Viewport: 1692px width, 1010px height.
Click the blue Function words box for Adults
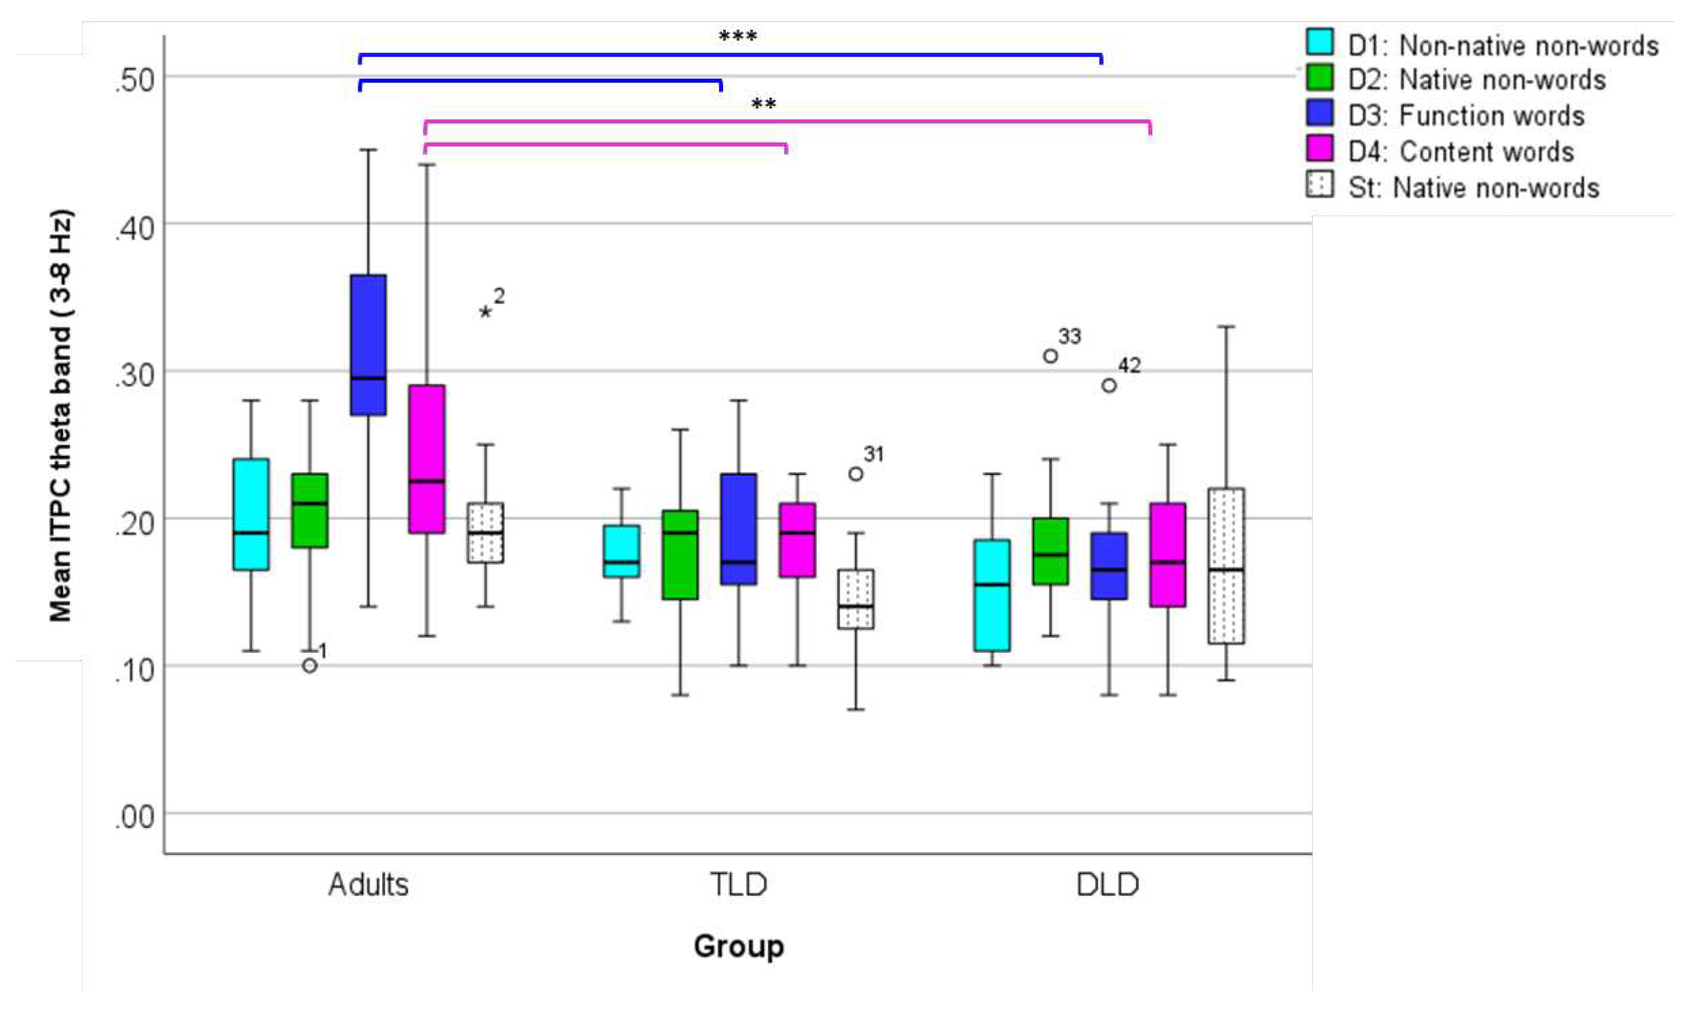[x=368, y=344]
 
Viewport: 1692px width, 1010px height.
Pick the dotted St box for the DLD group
[x=1226, y=565]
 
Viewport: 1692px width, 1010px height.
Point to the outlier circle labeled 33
[x=1051, y=356]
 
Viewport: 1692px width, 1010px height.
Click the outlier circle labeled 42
[x=1109, y=385]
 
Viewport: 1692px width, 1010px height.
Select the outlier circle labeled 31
[x=856, y=473]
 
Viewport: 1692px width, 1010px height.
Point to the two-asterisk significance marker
[x=763, y=105]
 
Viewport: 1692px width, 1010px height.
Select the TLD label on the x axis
[x=739, y=885]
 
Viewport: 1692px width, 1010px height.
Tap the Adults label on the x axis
[x=368, y=885]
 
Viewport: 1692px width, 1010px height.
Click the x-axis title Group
[x=739, y=946]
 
